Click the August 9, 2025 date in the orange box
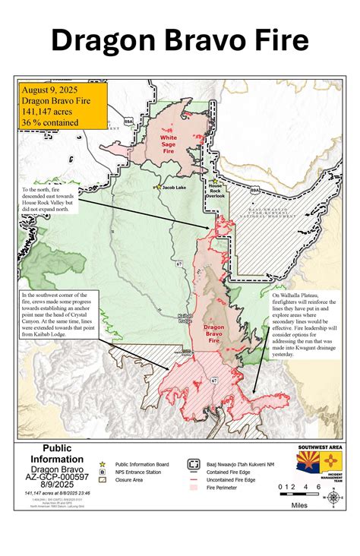point(50,88)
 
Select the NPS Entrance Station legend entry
point(140,471)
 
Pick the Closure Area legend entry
point(134,480)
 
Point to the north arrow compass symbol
point(333,498)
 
